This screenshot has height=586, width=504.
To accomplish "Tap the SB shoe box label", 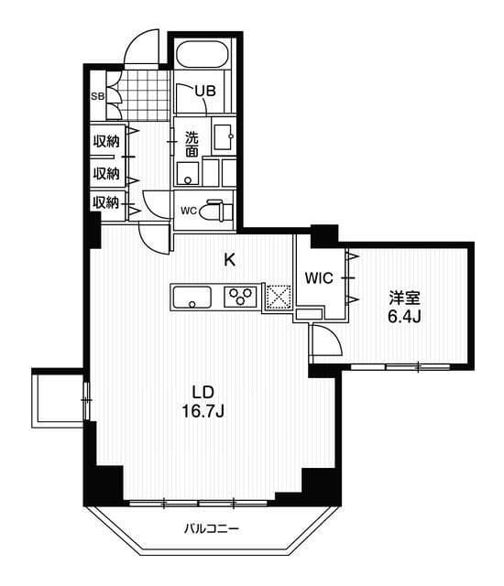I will (x=96, y=95).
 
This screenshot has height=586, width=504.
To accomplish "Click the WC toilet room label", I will (x=188, y=211).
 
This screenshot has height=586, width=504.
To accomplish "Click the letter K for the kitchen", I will (x=231, y=259).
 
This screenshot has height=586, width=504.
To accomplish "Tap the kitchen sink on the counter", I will (x=191, y=297).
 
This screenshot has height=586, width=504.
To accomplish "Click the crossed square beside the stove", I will (x=278, y=296).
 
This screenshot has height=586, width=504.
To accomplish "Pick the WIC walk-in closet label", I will (x=319, y=275).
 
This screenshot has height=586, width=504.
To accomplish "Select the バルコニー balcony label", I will (x=211, y=528).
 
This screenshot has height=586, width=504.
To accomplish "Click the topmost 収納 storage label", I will (x=105, y=141).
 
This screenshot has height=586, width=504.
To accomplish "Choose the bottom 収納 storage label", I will (x=105, y=202).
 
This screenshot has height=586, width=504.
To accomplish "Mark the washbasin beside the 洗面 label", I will (x=224, y=137).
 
